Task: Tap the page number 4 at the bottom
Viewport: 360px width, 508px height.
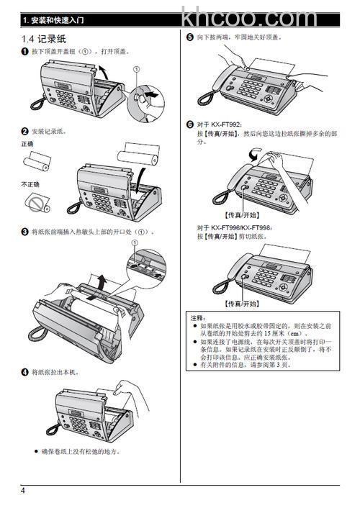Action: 23,491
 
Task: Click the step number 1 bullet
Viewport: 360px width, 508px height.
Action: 24,52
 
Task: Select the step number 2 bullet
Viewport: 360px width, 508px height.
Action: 24,131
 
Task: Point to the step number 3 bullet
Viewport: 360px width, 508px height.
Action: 24,232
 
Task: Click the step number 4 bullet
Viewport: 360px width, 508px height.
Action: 24,372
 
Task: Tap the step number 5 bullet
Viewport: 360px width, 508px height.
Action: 189,37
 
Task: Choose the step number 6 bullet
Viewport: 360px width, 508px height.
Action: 189,124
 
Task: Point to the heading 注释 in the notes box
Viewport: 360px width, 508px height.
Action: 197,317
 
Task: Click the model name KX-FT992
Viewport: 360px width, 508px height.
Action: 225,124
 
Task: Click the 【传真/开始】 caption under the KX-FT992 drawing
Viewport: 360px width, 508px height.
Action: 243,214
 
